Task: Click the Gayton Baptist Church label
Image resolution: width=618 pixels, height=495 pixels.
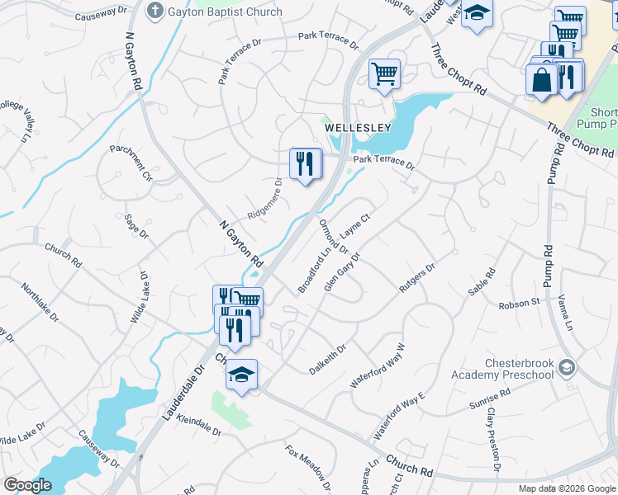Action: point(225,12)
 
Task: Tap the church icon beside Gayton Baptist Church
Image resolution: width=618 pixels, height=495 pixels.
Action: point(154,11)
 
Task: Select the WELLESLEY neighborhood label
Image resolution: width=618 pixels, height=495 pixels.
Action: point(357,128)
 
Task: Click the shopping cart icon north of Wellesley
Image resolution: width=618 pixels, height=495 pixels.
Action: point(384,74)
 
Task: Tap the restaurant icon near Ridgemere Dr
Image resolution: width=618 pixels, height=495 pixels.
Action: point(306,164)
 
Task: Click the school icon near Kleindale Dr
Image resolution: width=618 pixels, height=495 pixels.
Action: point(241,375)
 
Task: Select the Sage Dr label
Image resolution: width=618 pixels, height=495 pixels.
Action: point(135,227)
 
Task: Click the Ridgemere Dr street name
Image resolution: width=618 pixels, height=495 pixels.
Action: point(259,201)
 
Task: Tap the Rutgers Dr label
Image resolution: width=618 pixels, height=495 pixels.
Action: point(417,278)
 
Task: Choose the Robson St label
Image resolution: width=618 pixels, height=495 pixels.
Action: point(519,304)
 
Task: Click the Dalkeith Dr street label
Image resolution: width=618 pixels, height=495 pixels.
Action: point(326,352)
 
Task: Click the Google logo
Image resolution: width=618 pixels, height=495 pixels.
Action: point(27,485)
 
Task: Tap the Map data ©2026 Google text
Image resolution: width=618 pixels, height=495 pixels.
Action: point(566,488)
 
